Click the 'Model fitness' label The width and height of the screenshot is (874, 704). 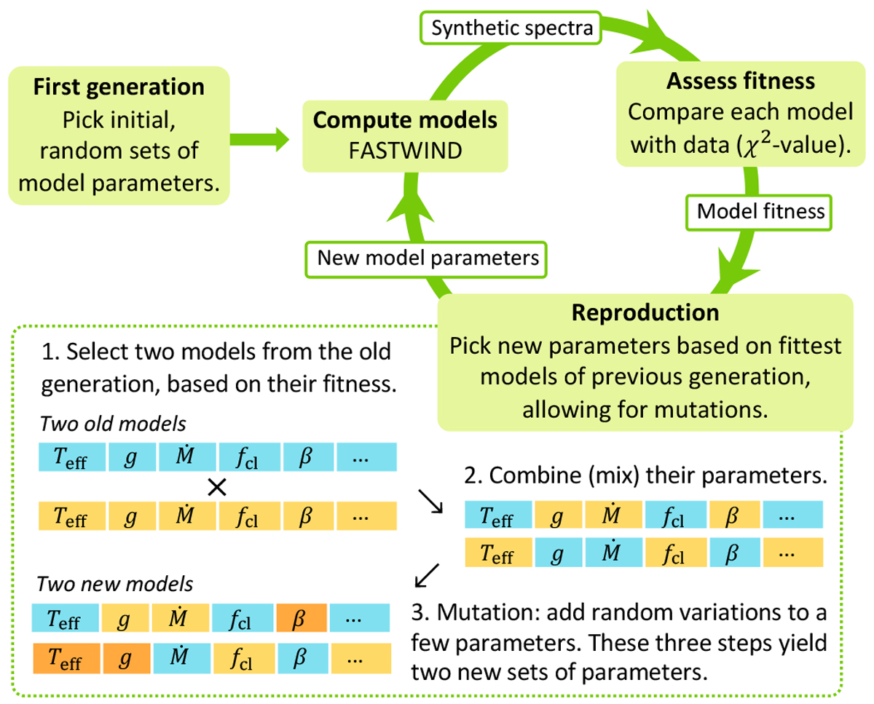pyautogui.click(x=760, y=211)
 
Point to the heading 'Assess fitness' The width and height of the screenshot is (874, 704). pyautogui.click(x=741, y=82)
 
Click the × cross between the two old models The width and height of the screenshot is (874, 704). pyautogui.click(x=216, y=488)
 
